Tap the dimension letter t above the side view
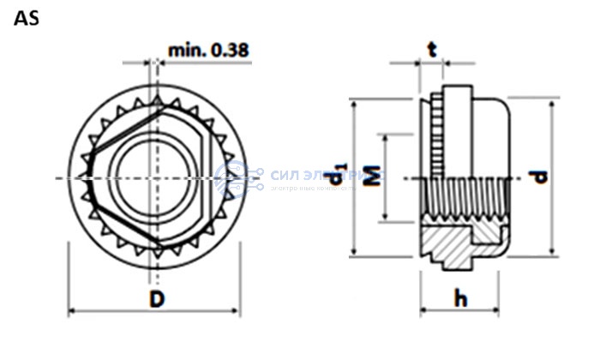point(433,50)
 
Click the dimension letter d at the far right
point(538,177)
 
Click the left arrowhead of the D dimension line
point(73,310)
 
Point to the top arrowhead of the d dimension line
point(554,100)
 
